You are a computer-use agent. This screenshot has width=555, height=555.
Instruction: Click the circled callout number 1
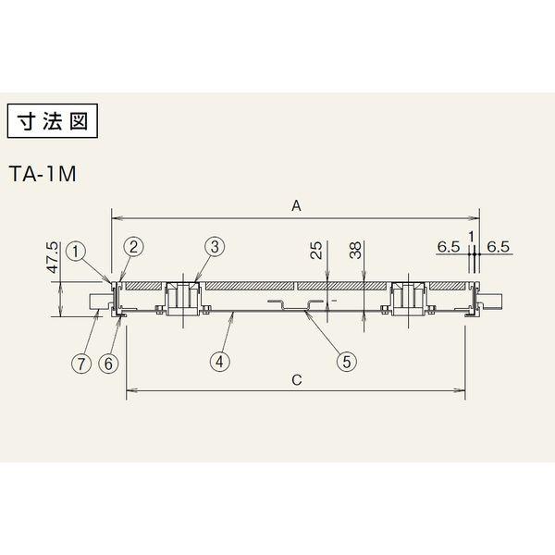pyautogui.click(x=76, y=252)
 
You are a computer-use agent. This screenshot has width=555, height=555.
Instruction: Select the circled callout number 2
pyautogui.click(x=133, y=247)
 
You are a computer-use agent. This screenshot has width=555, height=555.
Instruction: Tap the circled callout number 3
pyautogui.click(x=215, y=247)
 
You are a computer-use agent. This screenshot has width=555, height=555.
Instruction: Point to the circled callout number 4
pyautogui.click(x=220, y=362)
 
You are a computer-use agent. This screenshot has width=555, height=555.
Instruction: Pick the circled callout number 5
pyautogui.click(x=347, y=362)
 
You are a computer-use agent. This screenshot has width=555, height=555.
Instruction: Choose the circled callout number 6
pyautogui.click(x=108, y=364)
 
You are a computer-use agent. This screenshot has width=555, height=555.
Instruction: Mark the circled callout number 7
pyautogui.click(x=81, y=364)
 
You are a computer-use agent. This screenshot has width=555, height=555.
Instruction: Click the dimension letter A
pyautogui.click(x=296, y=205)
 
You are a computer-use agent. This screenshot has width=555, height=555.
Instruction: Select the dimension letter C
pyautogui.click(x=297, y=380)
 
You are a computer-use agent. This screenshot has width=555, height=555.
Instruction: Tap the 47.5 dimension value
pyautogui.click(x=53, y=257)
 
